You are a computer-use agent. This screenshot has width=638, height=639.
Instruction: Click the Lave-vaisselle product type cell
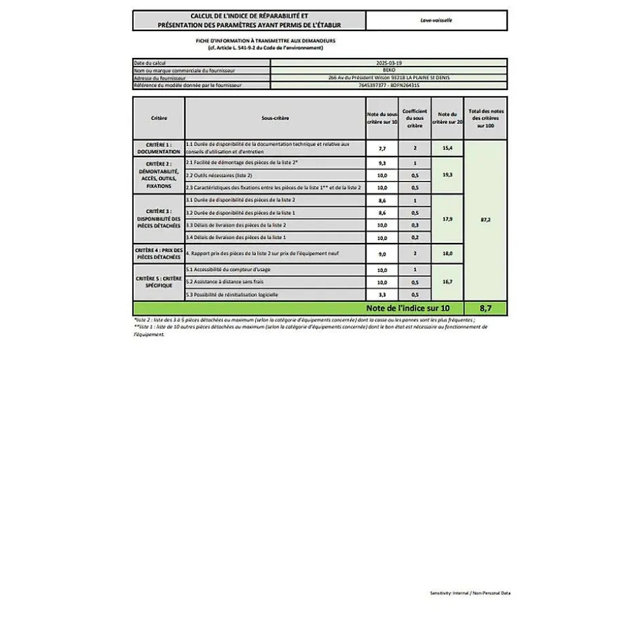[x=436, y=20]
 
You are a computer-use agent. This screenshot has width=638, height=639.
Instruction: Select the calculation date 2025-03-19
[x=388, y=63]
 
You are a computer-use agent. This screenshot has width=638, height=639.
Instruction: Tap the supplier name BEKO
[x=388, y=70]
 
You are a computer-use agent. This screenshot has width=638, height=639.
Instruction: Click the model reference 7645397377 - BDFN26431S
[x=389, y=85]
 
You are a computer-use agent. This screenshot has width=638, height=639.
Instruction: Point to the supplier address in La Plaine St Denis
[x=389, y=77]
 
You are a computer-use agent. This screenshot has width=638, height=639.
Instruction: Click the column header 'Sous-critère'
[x=275, y=118]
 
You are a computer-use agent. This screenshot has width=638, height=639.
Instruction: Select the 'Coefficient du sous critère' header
[x=414, y=118]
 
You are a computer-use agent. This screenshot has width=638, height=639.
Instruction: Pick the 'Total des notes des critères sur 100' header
[x=485, y=118]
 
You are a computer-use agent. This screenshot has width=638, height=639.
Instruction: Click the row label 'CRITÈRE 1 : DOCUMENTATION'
[x=159, y=148]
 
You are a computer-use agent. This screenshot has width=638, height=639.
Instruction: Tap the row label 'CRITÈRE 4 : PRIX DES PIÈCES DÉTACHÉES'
[x=159, y=253]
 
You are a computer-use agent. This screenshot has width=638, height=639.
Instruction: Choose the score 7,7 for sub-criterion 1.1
[x=382, y=149]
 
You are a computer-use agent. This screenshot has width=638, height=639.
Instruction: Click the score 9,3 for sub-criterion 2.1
[x=382, y=163]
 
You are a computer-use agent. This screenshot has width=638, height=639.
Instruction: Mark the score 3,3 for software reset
[x=382, y=295]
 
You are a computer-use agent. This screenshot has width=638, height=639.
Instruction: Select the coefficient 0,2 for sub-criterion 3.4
[x=414, y=237]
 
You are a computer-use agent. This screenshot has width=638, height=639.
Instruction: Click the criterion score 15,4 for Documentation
[x=447, y=149]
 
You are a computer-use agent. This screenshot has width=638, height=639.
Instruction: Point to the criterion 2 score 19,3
[x=447, y=175]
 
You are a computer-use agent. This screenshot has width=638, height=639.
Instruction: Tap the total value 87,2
[x=485, y=219]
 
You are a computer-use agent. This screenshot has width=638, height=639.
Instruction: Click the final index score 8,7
[x=485, y=308]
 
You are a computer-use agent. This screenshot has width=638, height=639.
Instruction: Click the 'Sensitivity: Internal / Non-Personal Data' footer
[x=470, y=593]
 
